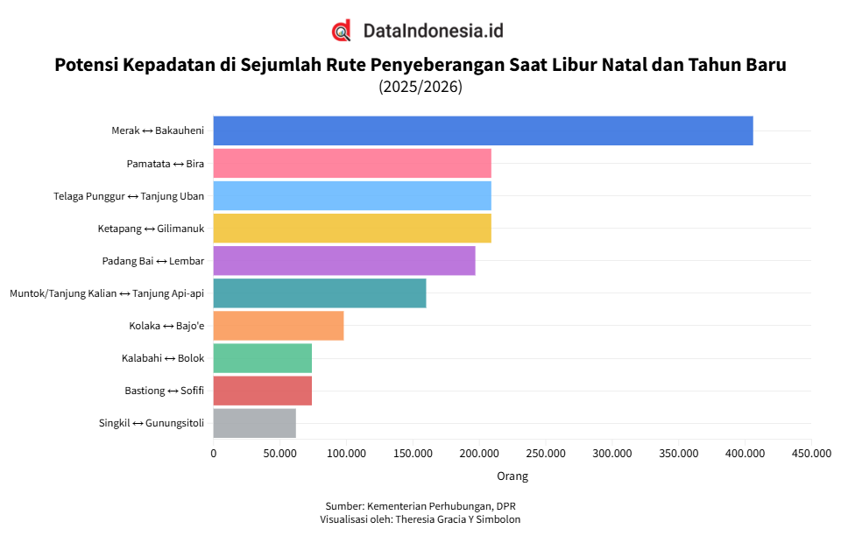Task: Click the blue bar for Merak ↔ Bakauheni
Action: pos(483,130)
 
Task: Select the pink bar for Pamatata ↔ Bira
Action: pos(352,163)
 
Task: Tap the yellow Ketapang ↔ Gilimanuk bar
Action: pos(352,228)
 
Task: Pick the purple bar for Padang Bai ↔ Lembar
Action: pos(344,260)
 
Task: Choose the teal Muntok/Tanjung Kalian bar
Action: pos(320,293)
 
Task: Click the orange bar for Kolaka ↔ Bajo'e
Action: pos(279,325)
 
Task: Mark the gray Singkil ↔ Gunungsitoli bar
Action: pos(255,423)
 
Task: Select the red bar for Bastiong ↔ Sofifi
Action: pos(263,391)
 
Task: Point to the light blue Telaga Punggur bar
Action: pos(352,195)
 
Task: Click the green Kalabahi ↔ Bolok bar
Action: pos(263,358)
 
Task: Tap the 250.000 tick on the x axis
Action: pos(545,454)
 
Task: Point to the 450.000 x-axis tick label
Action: pos(810,454)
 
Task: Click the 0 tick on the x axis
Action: pos(214,454)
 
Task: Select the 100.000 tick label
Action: pos(346,454)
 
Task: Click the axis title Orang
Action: pos(512,476)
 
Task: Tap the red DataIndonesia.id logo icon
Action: pos(342,31)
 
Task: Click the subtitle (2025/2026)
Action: pos(420,87)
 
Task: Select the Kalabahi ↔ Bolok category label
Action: pos(163,358)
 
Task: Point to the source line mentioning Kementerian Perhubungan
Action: pos(420,506)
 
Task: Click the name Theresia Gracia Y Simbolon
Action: pos(458,519)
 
